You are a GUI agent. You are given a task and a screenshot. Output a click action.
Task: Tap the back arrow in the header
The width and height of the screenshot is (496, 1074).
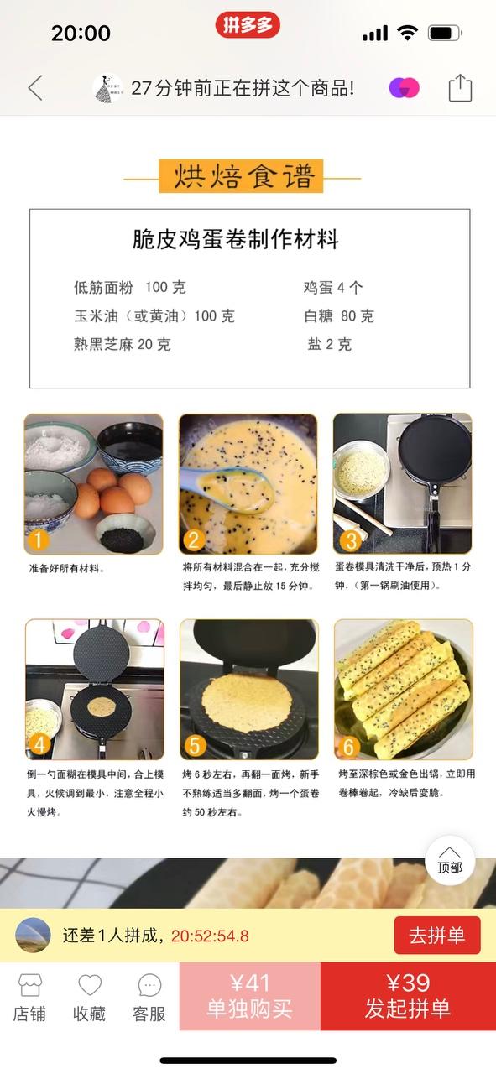[x=35, y=88]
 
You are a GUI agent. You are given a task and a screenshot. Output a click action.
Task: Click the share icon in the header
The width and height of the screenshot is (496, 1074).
[x=460, y=88]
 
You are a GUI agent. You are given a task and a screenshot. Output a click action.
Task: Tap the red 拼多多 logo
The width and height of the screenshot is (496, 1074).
[x=247, y=25]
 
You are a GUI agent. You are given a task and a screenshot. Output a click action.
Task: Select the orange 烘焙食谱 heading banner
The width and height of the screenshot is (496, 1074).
[x=241, y=176]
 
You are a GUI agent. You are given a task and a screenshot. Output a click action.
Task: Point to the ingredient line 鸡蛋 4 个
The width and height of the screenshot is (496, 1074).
[x=333, y=287]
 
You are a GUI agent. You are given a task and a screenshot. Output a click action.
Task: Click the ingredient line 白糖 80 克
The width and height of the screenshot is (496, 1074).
[x=339, y=316]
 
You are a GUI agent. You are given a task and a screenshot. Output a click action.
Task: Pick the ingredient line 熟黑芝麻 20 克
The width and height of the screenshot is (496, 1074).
[x=123, y=344]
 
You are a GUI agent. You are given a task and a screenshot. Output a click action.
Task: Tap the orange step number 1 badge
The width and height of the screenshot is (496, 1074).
[x=38, y=540]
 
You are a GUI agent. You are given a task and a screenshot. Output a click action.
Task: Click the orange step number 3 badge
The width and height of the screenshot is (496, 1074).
[x=350, y=540]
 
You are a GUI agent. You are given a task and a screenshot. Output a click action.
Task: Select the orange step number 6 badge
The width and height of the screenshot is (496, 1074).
[x=348, y=747]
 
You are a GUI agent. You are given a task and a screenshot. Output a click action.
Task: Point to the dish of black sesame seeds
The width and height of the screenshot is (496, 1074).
[x=123, y=534]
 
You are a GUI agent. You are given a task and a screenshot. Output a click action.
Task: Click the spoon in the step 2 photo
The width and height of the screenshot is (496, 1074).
[x=231, y=487]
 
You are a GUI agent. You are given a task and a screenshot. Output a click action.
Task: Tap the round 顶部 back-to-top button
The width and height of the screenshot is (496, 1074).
[x=450, y=862]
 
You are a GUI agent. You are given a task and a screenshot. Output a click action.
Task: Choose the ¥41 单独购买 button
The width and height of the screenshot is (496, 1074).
[x=250, y=996]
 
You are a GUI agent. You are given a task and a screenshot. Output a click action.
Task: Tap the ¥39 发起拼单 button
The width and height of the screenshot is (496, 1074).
[x=408, y=996]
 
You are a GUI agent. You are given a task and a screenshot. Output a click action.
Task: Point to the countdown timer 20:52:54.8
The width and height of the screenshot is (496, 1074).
[x=210, y=936]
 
